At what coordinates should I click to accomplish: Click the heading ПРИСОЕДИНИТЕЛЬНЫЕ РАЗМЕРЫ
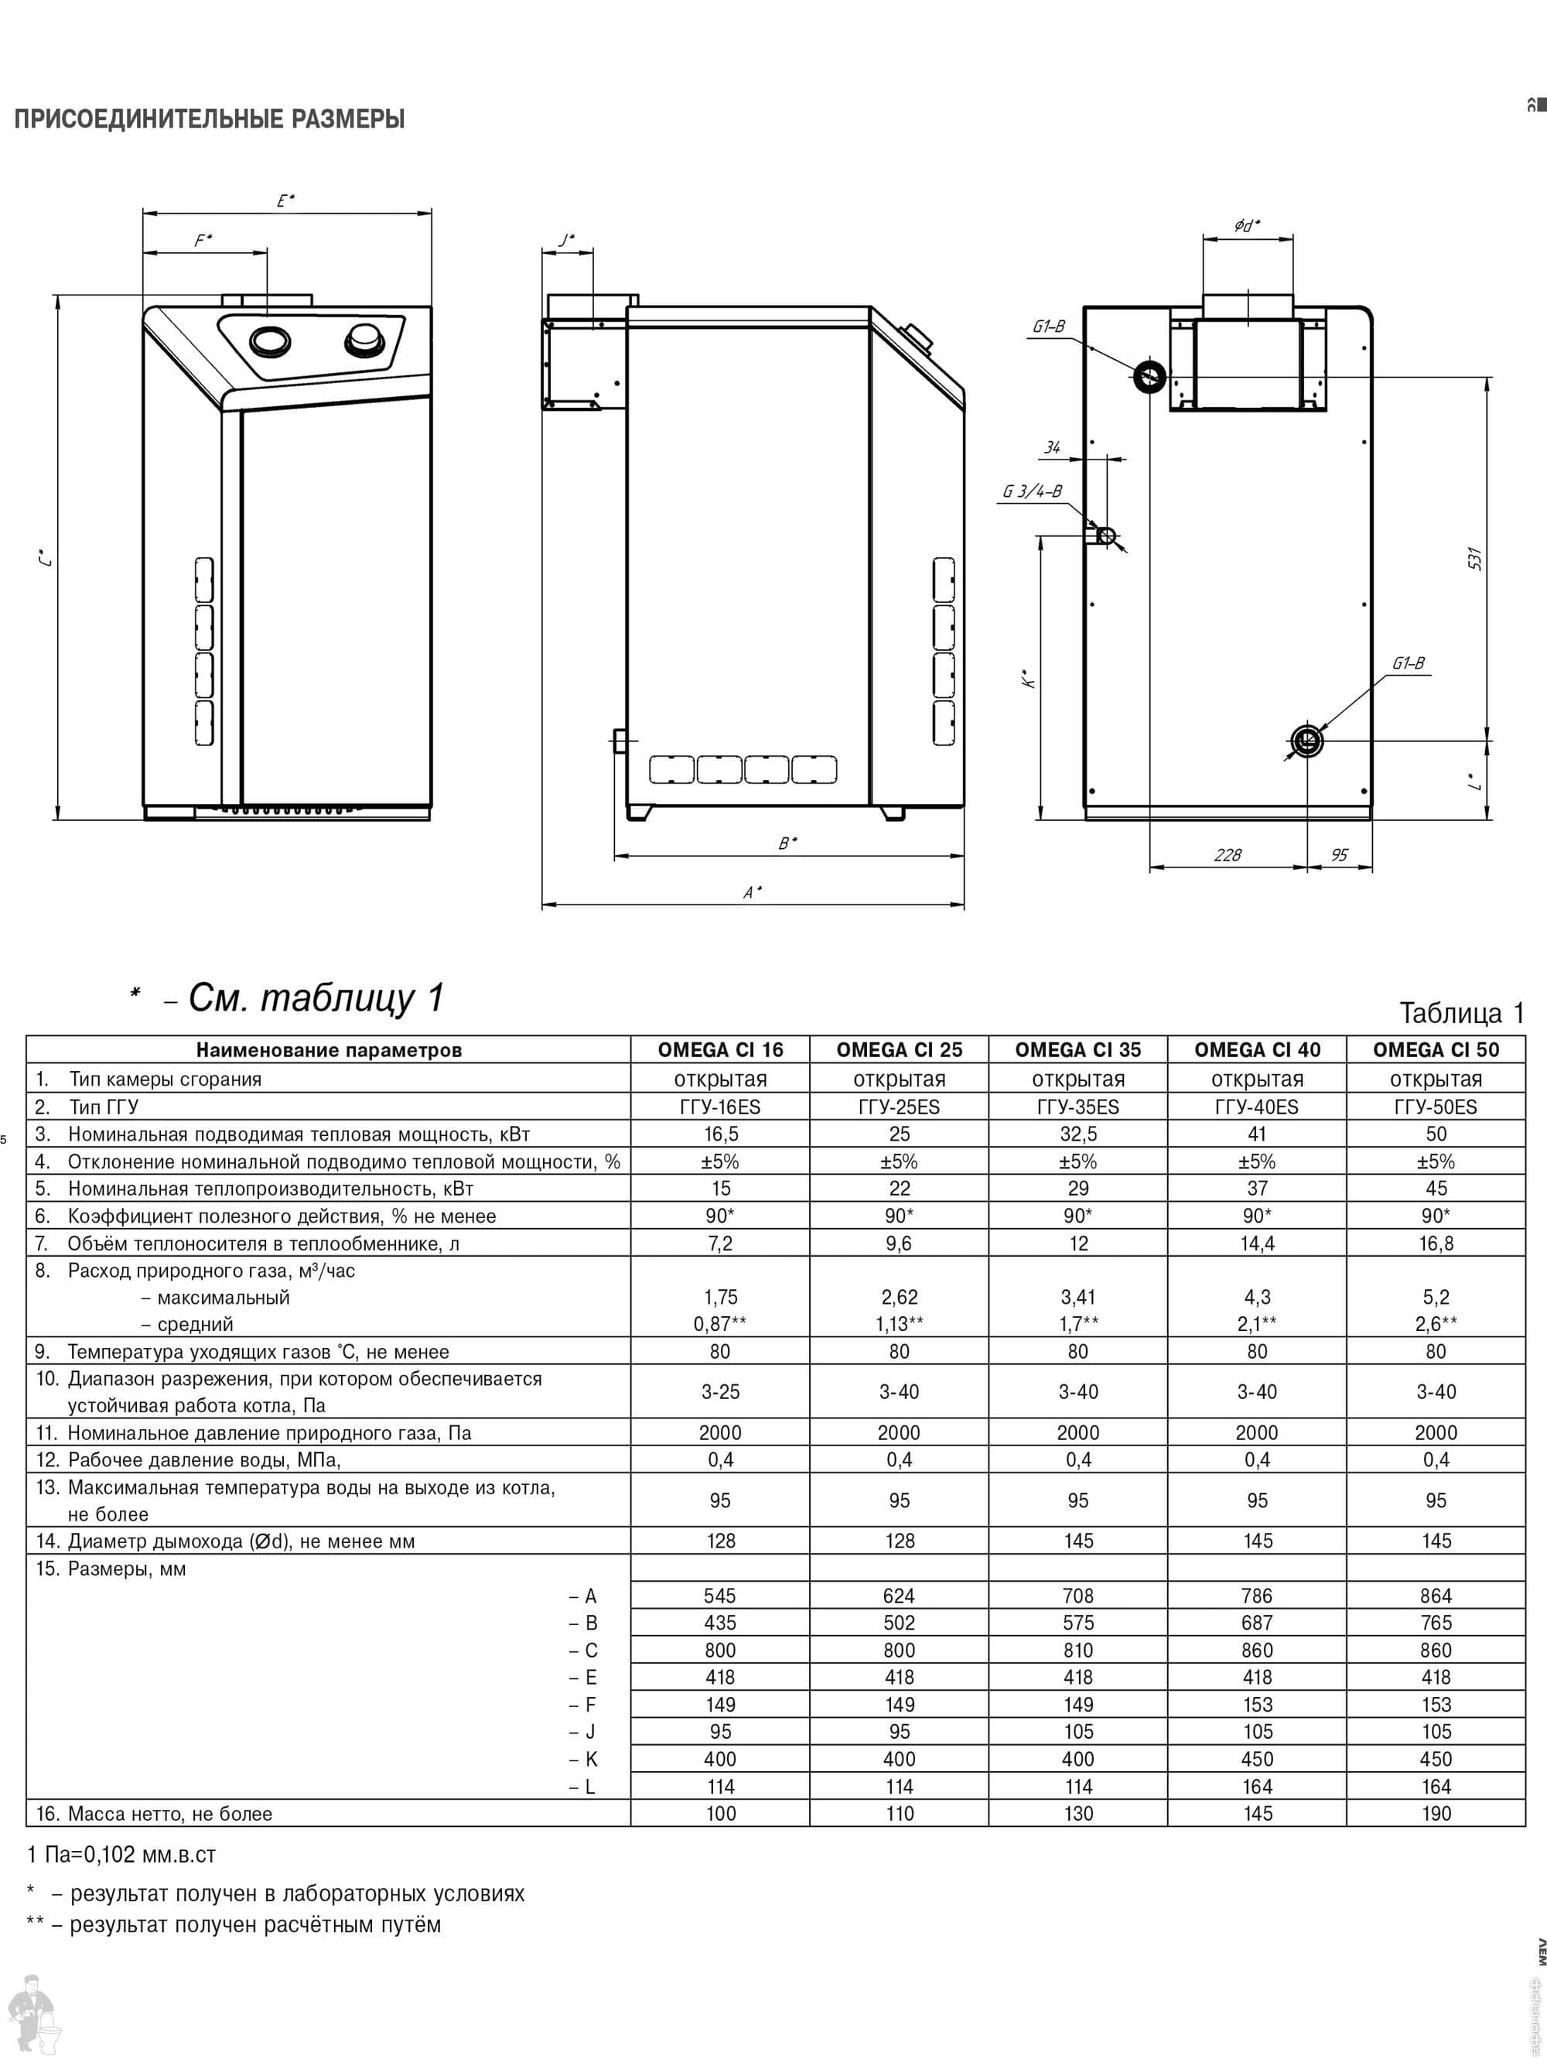tap(209, 119)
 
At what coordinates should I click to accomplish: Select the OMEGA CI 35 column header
tap(1078, 1049)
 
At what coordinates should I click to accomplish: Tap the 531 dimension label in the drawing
tap(1474, 559)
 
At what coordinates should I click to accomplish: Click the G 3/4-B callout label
tap(1033, 491)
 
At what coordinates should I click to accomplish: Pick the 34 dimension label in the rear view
tap(1052, 448)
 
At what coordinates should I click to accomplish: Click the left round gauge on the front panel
tap(269, 341)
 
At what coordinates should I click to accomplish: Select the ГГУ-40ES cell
tap(1256, 1107)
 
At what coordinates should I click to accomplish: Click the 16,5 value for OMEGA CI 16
tap(720, 1134)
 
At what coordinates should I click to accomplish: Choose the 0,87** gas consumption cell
tap(720, 1323)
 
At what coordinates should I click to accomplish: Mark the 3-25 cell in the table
tap(720, 1391)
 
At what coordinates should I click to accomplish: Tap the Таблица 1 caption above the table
tap(1461, 1013)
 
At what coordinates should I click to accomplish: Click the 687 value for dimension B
tap(1256, 1623)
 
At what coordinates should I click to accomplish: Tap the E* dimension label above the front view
tap(285, 200)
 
